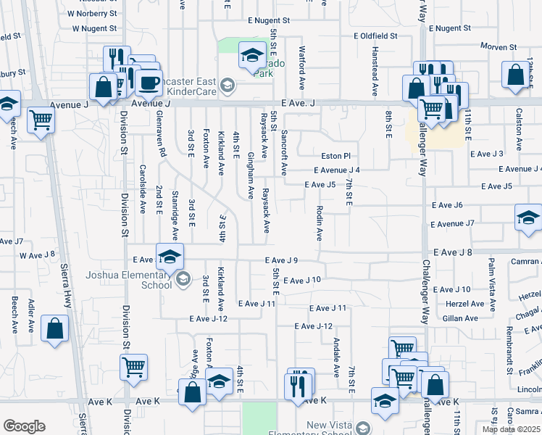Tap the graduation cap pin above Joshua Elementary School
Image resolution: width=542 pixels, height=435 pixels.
[x=170, y=257]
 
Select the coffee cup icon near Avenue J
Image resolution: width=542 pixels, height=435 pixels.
[x=149, y=83]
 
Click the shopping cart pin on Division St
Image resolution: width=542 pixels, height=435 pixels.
[x=133, y=368]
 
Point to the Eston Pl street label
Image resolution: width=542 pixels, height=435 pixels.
[x=336, y=156]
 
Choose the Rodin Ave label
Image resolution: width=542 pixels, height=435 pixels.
[x=319, y=223]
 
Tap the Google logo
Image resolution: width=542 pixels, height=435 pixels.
[x=24, y=426]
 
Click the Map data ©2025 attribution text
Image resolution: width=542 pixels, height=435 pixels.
[x=511, y=429]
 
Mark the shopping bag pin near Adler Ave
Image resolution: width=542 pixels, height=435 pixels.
[x=55, y=328]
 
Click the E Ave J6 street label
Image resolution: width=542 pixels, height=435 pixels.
[x=447, y=205]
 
